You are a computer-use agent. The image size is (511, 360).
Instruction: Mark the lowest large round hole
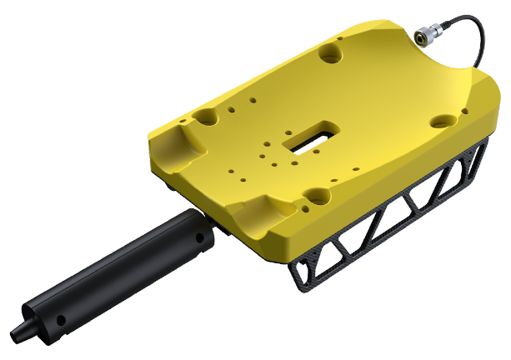[317, 197]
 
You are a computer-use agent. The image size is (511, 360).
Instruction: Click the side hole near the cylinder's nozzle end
[59, 321]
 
